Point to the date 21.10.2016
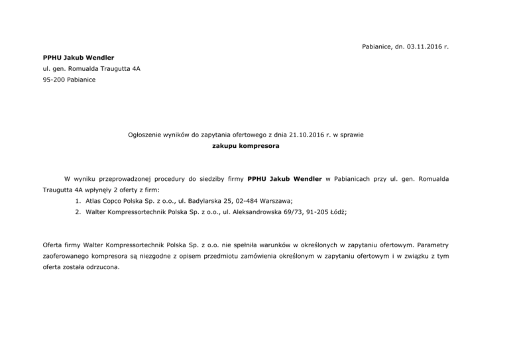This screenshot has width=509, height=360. [308, 135]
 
